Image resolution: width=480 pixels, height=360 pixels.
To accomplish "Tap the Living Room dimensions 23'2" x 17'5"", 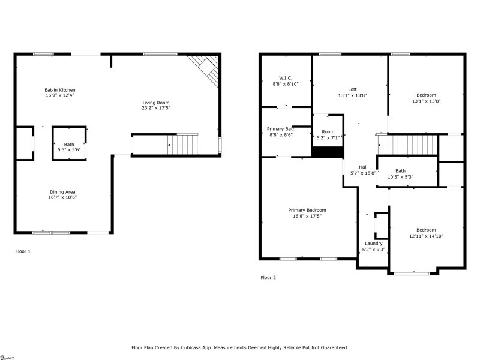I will tap(156, 108).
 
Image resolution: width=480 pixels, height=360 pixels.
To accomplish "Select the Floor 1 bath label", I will tap(69, 144).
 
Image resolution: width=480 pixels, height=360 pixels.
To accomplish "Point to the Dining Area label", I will tap(62, 192).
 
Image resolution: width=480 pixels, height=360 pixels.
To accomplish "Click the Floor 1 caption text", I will tap(23, 251).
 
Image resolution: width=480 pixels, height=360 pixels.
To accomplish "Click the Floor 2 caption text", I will tap(268, 278).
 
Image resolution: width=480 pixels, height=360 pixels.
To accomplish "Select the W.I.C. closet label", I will tap(286, 77).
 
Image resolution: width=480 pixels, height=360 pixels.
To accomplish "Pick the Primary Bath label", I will tap(281, 129).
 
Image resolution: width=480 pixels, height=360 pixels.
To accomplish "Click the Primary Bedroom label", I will tap(307, 210).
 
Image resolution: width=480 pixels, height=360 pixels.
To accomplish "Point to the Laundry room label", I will tap(373, 243).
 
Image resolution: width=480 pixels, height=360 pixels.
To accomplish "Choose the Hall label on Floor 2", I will tap(363, 167).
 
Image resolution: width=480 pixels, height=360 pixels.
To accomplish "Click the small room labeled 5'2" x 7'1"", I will tap(328, 137).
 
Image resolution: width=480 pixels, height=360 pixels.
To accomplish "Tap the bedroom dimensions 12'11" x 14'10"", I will tap(426, 236).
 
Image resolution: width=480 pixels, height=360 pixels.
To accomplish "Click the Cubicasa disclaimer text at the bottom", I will tap(240, 347).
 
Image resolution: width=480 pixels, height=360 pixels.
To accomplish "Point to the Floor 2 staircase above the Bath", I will tap(408, 145).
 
